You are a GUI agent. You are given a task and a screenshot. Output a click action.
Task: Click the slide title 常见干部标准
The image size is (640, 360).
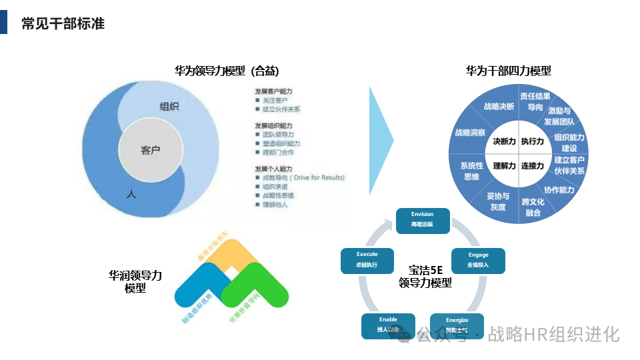click(x=63, y=24)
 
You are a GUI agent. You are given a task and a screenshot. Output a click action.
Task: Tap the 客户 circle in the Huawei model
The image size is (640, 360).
click(x=151, y=150)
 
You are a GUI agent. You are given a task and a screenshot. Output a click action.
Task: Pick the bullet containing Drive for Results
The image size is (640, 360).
click(x=303, y=178)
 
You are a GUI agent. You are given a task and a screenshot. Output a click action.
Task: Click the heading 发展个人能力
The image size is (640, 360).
click(x=273, y=168)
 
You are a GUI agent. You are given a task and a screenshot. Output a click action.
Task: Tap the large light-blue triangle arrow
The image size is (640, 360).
click(x=381, y=140)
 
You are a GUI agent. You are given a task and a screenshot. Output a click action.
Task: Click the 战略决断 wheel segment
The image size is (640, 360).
click(x=499, y=107)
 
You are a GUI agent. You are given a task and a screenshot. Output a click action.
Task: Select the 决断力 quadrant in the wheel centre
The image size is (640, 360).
click(x=504, y=141)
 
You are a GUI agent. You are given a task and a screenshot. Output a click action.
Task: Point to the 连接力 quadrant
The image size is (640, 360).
click(x=533, y=165)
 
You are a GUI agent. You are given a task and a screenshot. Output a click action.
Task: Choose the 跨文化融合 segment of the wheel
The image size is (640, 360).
click(x=533, y=207)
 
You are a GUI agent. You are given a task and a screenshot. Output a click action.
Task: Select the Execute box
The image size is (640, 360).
click(x=367, y=260)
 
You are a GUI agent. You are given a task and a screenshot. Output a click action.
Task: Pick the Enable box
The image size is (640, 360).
click(x=388, y=325)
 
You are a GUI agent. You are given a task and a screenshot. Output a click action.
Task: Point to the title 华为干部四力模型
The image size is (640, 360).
click(x=508, y=71)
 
